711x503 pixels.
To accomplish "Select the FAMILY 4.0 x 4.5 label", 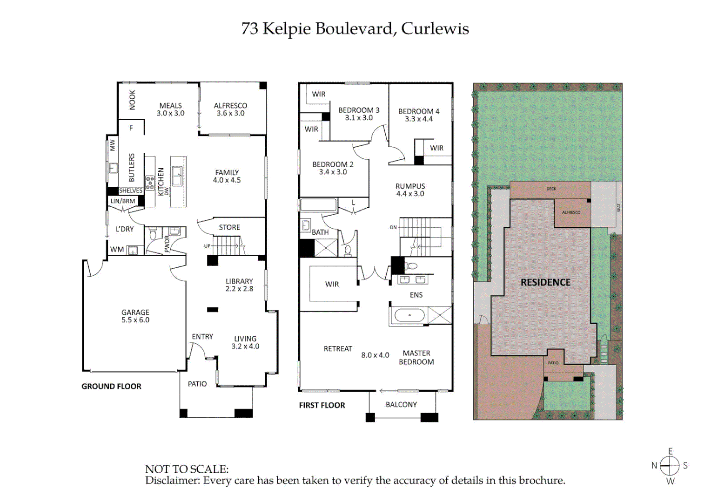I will click(227, 176).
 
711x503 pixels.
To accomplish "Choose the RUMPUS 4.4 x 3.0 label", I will click(410, 190).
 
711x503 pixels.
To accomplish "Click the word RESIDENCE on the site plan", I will click(545, 282).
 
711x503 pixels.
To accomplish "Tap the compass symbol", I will click(670, 465).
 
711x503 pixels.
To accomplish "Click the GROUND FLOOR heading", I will click(111, 386).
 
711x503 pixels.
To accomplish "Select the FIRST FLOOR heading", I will click(322, 405).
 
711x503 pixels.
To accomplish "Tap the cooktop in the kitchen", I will click(150, 183).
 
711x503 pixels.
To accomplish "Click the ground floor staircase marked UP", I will click(226, 245).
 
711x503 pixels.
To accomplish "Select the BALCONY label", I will click(401, 404).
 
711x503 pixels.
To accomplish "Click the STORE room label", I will click(229, 227).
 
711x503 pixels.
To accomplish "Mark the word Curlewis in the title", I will click(435, 28).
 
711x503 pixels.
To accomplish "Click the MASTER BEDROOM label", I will click(416, 357).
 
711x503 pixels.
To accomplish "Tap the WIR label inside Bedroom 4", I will click(436, 148).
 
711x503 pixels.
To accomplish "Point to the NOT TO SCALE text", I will click(187, 469).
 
